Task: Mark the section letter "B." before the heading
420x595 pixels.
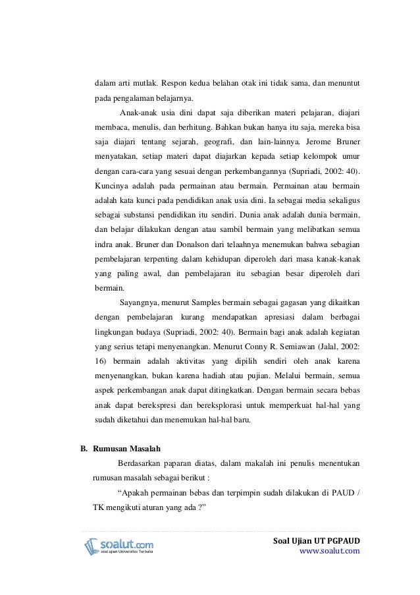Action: tap(84, 450)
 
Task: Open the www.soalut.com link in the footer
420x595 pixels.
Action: tap(329, 551)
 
